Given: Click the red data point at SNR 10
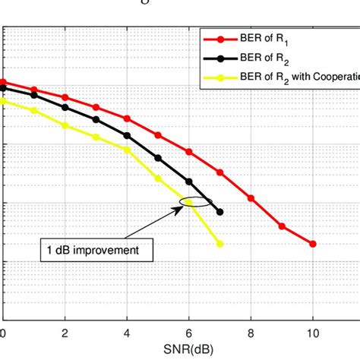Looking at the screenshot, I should [x=312, y=244].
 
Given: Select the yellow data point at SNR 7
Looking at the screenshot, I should [x=219, y=244].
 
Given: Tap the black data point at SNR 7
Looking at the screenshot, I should [x=219, y=212].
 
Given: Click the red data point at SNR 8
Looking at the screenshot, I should [x=251, y=197].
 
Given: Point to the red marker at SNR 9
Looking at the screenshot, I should [x=282, y=226].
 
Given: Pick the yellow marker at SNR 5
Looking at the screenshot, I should [x=158, y=178].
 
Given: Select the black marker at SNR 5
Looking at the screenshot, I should [x=158, y=158].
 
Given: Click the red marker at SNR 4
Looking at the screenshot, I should [x=127, y=118].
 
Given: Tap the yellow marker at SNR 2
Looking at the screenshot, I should [x=65, y=125].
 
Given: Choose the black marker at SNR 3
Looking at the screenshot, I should [x=96, y=119].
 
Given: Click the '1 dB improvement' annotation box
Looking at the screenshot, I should [x=96, y=248].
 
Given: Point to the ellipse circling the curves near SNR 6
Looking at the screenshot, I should [x=195, y=202].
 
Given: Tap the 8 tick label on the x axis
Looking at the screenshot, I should [x=251, y=333].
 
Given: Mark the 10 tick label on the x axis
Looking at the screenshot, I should [x=312, y=333].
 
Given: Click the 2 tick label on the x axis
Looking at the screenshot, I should [x=65, y=333].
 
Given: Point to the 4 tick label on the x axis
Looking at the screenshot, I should [x=127, y=333].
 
